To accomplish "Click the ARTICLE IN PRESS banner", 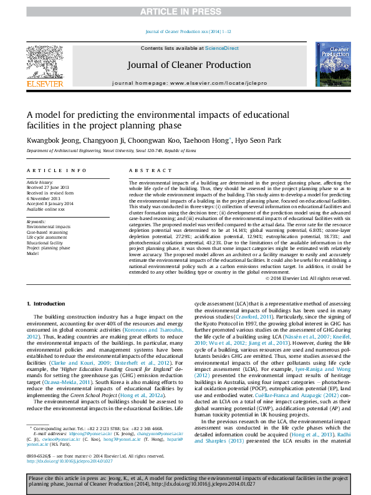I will (x=185, y=11).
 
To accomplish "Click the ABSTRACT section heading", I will (x=146, y=170).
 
